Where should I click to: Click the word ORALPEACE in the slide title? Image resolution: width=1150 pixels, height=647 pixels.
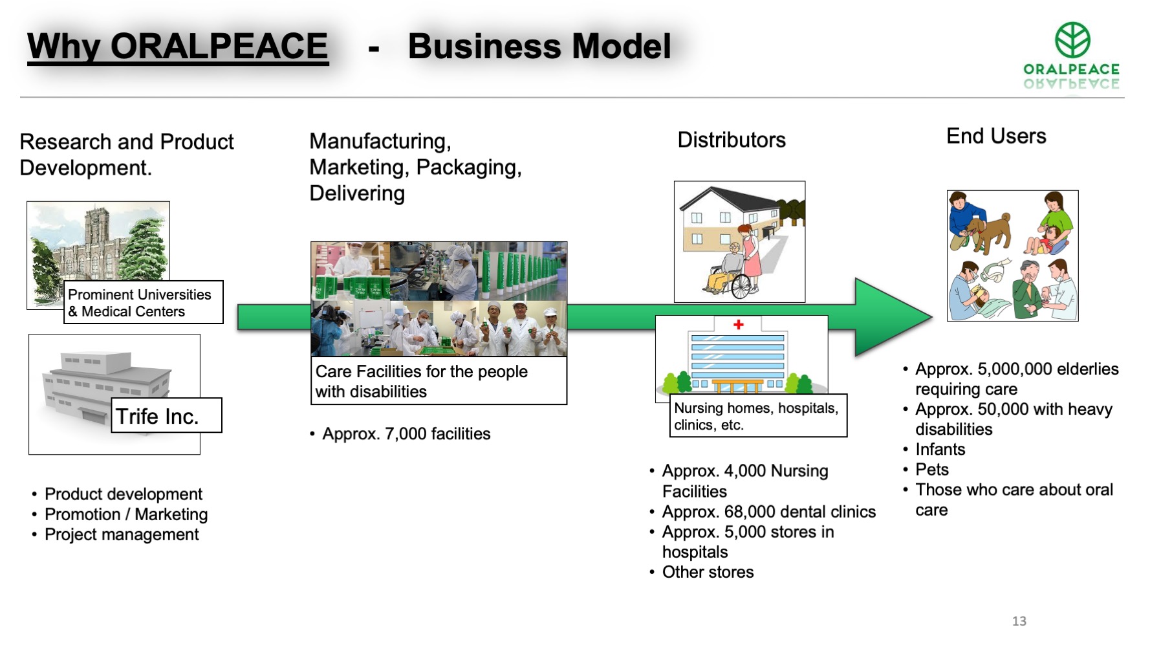point(219,46)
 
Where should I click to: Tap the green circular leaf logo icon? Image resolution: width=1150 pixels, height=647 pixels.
point(1072,39)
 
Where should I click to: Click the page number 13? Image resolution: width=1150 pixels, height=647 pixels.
point(1019,621)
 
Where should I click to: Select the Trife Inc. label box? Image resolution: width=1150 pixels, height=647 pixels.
point(166,415)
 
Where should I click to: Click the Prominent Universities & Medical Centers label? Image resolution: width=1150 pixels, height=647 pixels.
point(143,302)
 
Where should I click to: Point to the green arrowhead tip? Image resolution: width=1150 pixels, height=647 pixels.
point(932,317)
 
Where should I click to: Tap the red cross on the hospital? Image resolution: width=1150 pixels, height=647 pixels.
point(738,324)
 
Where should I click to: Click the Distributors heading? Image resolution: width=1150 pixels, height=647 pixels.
point(732,140)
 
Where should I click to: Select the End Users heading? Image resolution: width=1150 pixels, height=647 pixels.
point(996,136)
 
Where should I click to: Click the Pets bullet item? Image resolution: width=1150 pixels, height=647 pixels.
point(932,470)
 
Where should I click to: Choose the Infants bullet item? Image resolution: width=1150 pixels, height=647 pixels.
point(940,450)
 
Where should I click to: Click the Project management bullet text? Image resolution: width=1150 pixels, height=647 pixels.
point(122,534)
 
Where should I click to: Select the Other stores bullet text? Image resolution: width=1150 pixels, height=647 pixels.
point(708,572)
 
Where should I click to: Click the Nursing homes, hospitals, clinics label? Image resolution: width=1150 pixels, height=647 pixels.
point(758,416)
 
